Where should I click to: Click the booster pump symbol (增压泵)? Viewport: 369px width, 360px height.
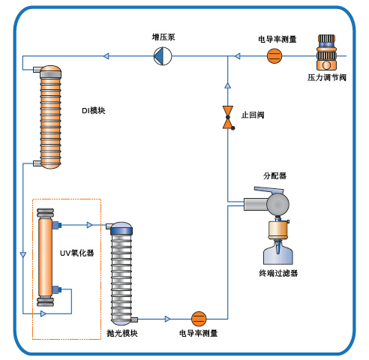click(163, 56)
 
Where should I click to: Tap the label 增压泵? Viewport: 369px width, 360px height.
click(163, 37)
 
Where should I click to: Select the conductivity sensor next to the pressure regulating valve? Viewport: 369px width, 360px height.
click(274, 55)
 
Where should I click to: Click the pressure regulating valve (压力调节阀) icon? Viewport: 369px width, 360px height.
click(326, 52)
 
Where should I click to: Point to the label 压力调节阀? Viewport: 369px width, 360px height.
click(327, 77)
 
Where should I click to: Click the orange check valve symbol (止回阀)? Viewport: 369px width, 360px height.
click(228, 118)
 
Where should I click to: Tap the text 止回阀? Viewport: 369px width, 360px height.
click(253, 115)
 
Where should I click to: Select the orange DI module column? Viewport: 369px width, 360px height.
click(50, 117)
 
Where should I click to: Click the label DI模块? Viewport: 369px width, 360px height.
click(94, 110)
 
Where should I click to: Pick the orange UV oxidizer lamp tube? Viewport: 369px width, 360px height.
click(45, 257)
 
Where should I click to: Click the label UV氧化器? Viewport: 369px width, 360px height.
click(77, 253)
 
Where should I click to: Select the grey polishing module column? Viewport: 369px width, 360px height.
click(121, 274)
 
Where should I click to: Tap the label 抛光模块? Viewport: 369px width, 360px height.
click(122, 333)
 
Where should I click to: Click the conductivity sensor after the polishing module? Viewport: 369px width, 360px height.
click(199, 319)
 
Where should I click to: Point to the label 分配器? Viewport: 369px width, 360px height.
click(274, 175)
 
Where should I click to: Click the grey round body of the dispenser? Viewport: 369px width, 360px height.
click(278, 204)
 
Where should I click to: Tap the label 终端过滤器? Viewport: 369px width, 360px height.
click(278, 273)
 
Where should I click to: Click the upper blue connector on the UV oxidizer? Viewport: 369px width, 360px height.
click(57, 225)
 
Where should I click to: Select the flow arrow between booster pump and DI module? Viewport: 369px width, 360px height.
click(106, 56)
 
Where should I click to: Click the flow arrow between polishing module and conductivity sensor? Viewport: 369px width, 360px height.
click(167, 319)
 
